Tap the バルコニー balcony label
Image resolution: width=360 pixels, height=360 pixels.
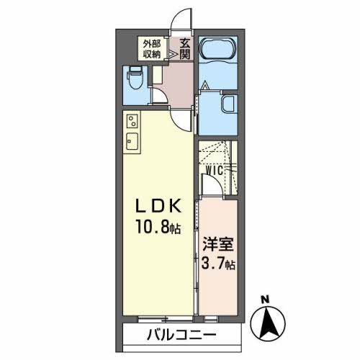coord(183,335)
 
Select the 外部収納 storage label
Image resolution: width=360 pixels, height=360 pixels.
coord(151,48)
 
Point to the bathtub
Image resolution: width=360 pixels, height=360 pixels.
coord(218,52)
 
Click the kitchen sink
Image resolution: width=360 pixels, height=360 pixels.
coord(133,139)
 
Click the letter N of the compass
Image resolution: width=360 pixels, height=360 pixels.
coord(264,299)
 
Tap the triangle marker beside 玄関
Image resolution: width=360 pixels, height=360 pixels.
coord(173,53)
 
